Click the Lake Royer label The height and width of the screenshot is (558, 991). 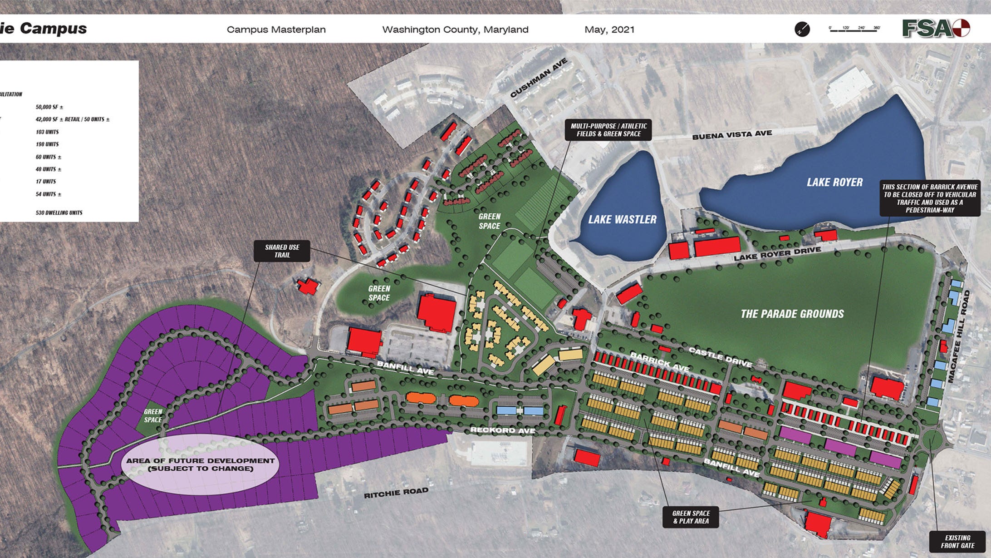834,183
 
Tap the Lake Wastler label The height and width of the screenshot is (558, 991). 622,220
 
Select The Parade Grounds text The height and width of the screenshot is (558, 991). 792,314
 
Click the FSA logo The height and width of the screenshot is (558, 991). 935,29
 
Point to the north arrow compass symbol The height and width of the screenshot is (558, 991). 802,30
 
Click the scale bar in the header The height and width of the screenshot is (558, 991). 854,29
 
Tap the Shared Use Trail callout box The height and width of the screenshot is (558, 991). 282,251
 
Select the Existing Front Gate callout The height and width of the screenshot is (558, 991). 957,542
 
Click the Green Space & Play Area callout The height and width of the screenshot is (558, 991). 691,517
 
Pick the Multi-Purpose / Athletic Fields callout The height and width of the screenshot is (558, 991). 608,130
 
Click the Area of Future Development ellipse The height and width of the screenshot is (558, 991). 200,464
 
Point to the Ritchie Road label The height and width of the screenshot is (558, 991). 396,493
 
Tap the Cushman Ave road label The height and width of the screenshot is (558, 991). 539,78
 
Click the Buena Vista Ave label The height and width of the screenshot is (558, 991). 731,135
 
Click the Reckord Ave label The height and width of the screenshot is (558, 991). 502,430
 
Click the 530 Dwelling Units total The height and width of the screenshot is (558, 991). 59,212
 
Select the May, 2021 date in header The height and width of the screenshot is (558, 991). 609,30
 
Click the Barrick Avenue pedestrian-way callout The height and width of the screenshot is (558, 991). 930,198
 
